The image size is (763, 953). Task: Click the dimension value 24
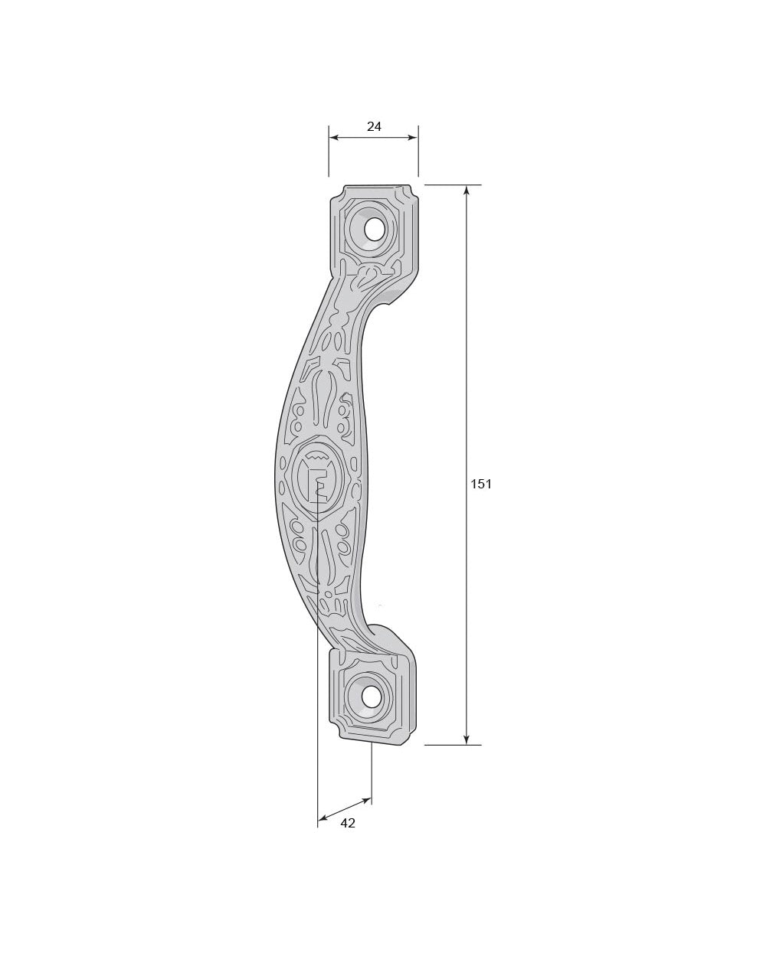(374, 127)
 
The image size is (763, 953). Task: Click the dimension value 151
(481, 484)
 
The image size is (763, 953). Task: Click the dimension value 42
(348, 823)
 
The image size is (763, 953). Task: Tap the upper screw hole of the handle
(375, 229)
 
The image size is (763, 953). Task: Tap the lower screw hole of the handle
(372, 697)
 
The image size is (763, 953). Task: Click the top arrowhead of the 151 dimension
(467, 191)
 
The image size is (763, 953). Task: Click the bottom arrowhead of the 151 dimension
(467, 739)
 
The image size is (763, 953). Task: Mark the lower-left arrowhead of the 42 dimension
(323, 818)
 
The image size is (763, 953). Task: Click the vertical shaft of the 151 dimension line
(467, 383)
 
